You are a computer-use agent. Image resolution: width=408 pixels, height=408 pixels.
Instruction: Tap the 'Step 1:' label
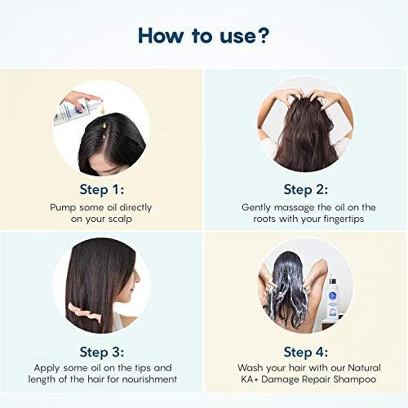pyautogui.click(x=101, y=190)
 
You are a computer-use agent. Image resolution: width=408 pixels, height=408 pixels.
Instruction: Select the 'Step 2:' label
pyautogui.click(x=305, y=190)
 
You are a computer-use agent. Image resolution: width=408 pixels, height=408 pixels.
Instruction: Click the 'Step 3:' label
pyautogui.click(x=101, y=352)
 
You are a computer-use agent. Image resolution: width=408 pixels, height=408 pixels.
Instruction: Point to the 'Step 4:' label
pyautogui.click(x=305, y=352)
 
